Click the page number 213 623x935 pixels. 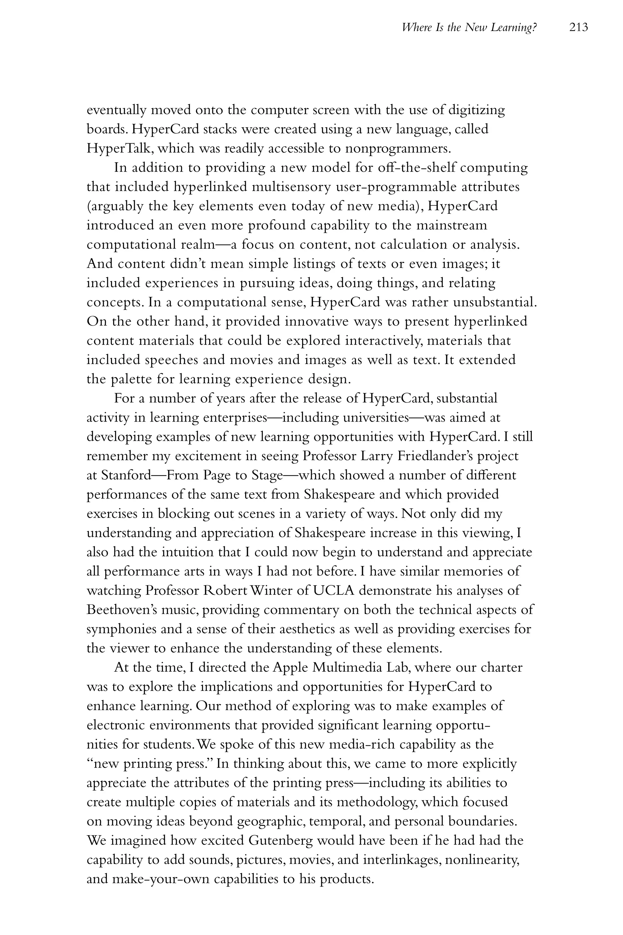578,27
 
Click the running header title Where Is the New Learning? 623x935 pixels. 470,27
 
